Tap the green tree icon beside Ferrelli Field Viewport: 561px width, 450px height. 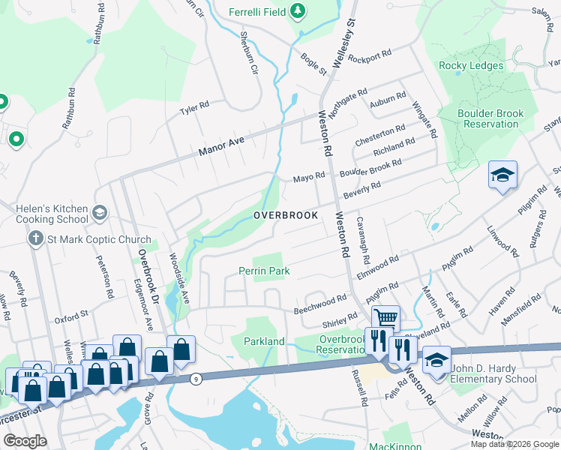tap(298, 10)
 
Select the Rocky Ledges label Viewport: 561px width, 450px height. tap(470, 66)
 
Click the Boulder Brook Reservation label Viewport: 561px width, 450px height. tap(490, 118)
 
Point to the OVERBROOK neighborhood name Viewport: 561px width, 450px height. tap(285, 215)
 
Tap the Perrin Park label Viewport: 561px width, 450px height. tap(263, 270)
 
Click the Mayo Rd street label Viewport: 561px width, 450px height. tap(308, 178)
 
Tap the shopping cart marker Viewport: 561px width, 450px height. tap(385, 318)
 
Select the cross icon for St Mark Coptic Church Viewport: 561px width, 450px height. tap(34, 239)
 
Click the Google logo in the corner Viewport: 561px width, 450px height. tap(25, 441)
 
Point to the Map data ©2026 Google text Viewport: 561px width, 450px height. tap(514, 444)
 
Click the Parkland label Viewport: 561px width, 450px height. tap(263, 341)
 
